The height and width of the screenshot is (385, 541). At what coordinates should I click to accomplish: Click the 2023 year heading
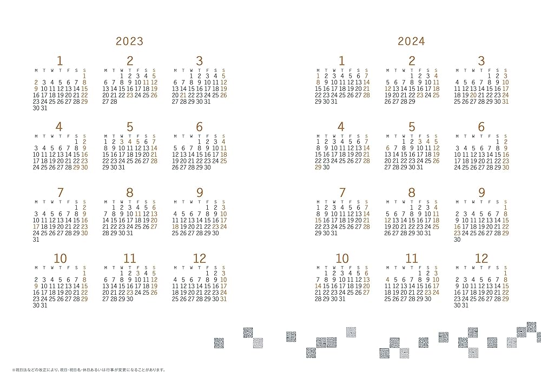point(129,41)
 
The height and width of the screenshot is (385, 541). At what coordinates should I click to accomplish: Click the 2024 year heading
point(411,41)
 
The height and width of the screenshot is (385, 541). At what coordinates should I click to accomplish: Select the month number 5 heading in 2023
point(130,127)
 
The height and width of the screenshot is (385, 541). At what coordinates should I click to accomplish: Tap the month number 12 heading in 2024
point(481,258)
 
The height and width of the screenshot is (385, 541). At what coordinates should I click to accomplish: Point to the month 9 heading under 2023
point(200,193)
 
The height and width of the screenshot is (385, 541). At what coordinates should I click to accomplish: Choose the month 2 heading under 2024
point(412,61)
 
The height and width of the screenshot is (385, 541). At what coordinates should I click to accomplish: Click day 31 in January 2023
point(44,108)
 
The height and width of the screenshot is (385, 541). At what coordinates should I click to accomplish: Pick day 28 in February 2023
point(114,101)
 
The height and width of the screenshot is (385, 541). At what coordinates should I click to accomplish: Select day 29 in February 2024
point(412,101)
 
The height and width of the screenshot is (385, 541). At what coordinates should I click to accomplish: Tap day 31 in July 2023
point(36,240)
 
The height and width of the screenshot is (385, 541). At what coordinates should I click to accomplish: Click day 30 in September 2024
point(457,240)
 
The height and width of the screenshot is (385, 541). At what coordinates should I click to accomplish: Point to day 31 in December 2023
point(223,298)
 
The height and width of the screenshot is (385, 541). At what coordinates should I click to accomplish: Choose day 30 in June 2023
point(207,167)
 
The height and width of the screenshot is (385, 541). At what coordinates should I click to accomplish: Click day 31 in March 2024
point(505,101)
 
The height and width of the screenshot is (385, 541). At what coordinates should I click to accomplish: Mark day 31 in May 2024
point(420,167)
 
